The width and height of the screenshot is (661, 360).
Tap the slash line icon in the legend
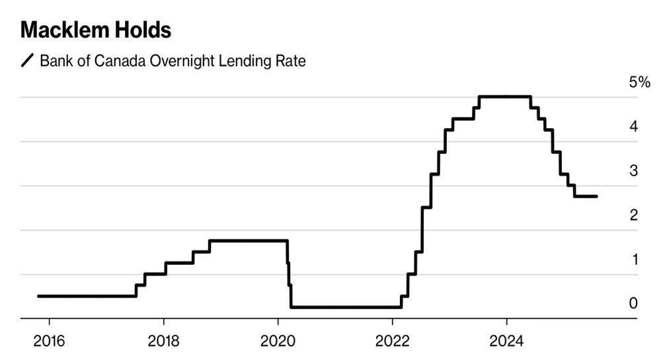(x=28, y=61)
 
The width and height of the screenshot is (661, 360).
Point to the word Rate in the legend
(x=291, y=61)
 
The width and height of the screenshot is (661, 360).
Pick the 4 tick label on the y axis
(x=633, y=127)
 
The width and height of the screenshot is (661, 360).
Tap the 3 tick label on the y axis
(x=633, y=171)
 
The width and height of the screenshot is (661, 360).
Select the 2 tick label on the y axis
(x=633, y=215)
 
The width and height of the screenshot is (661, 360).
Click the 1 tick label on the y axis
(x=633, y=260)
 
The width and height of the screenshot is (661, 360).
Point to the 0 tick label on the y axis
(x=633, y=304)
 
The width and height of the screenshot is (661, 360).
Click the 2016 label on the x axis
(x=49, y=342)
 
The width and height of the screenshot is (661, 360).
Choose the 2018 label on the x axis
(x=163, y=342)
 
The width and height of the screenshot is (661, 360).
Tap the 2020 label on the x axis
(x=278, y=342)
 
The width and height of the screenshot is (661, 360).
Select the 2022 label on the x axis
(x=392, y=342)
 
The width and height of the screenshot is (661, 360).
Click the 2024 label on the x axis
(x=506, y=342)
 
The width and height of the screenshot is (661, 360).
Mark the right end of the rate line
(x=597, y=196)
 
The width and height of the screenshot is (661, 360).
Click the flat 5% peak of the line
(x=504, y=97)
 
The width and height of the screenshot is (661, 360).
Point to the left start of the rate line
(x=38, y=296)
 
